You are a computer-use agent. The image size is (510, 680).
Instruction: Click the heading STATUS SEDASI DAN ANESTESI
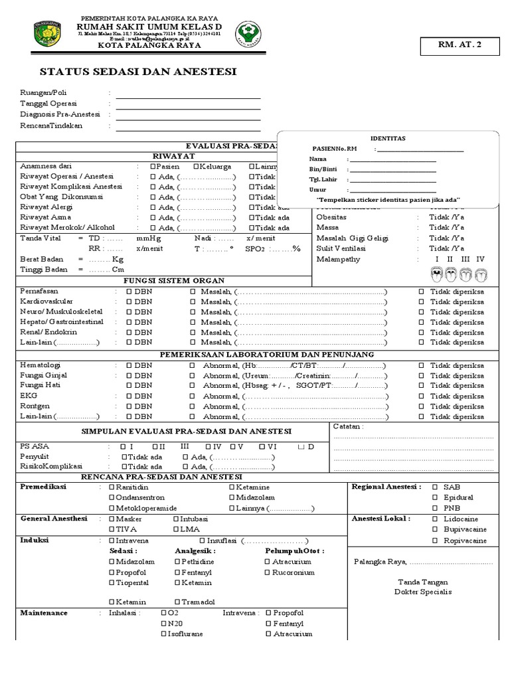[138, 72]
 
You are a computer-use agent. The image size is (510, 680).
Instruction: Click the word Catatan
[348, 426]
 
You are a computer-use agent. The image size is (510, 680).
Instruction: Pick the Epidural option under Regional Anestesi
[436, 497]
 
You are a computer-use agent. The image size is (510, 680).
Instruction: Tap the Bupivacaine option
[436, 529]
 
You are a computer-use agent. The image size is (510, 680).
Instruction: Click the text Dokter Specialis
[422, 592]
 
